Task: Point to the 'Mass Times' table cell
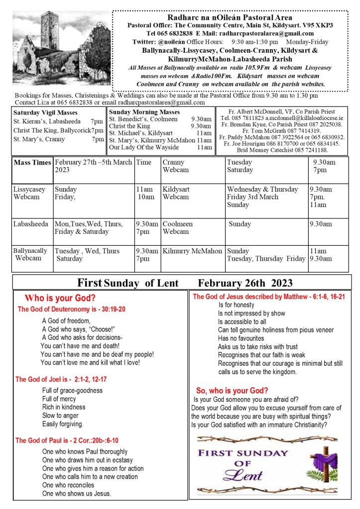[32, 163]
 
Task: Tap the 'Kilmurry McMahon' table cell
[192, 251]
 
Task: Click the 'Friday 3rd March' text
[253, 197]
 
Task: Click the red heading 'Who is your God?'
[60, 299]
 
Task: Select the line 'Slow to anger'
[60, 415]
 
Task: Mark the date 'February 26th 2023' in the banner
[245, 283]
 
